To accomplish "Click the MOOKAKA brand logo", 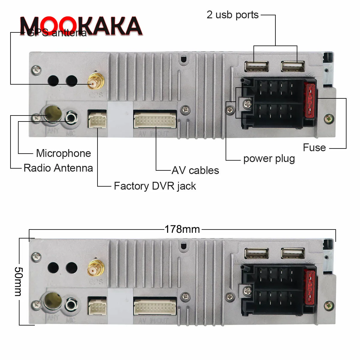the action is pos(81,26).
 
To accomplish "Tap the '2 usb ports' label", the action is pos(232,15).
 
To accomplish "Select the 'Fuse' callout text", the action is pos(314,148).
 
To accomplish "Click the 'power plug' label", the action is pos(269,158).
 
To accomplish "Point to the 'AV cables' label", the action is pos(195,170).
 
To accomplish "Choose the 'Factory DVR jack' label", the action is pos(155,186).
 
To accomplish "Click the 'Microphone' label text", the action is pos(63,153).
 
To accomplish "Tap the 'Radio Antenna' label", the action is pos(58,168).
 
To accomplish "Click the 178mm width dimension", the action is pos(182,229).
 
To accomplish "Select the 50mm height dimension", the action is pos(18,281).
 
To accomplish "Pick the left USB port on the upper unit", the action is pos(256,66).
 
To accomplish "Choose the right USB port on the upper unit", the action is pos(293,66).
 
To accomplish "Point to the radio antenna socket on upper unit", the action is pos(53,113).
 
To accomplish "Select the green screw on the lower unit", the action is pos(329,306).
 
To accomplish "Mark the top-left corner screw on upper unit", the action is pos(37,70).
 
